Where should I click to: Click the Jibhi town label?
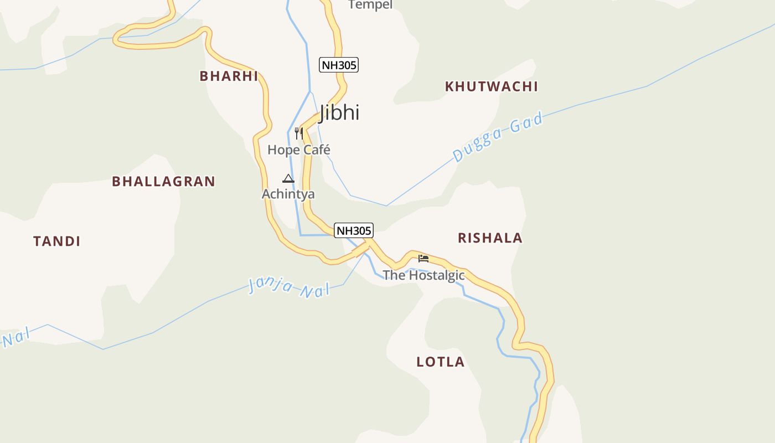coord(339,112)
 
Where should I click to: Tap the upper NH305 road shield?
coord(339,65)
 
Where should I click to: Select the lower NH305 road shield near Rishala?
coord(354,230)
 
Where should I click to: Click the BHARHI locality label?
coord(229,76)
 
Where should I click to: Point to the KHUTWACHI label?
coord(492,86)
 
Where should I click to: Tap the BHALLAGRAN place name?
coord(163,181)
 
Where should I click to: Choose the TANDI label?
coord(57,241)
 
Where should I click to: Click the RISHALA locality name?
coord(490,238)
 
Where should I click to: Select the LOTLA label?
coord(441,362)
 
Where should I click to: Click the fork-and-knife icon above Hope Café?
coord(299,133)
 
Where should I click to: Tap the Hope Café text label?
coord(299,150)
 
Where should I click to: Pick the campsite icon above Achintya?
coord(288,178)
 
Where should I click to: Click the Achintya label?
coord(288,194)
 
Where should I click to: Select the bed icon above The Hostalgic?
coord(423,258)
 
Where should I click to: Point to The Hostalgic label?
coord(423,275)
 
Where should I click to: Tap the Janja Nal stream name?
coord(288,287)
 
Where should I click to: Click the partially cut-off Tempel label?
coord(370,5)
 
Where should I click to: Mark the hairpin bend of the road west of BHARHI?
coord(117,39)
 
